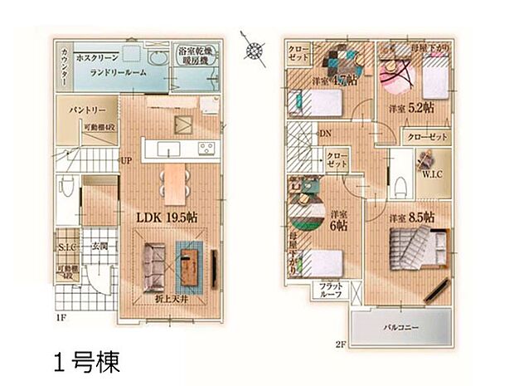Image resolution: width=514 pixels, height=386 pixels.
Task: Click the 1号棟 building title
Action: (x=86, y=362)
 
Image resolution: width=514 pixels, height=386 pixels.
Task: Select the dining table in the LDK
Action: (x=172, y=181)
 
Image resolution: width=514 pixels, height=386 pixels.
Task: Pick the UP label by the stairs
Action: (x=127, y=162)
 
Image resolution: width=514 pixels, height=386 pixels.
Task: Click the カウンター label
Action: (x=64, y=66)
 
